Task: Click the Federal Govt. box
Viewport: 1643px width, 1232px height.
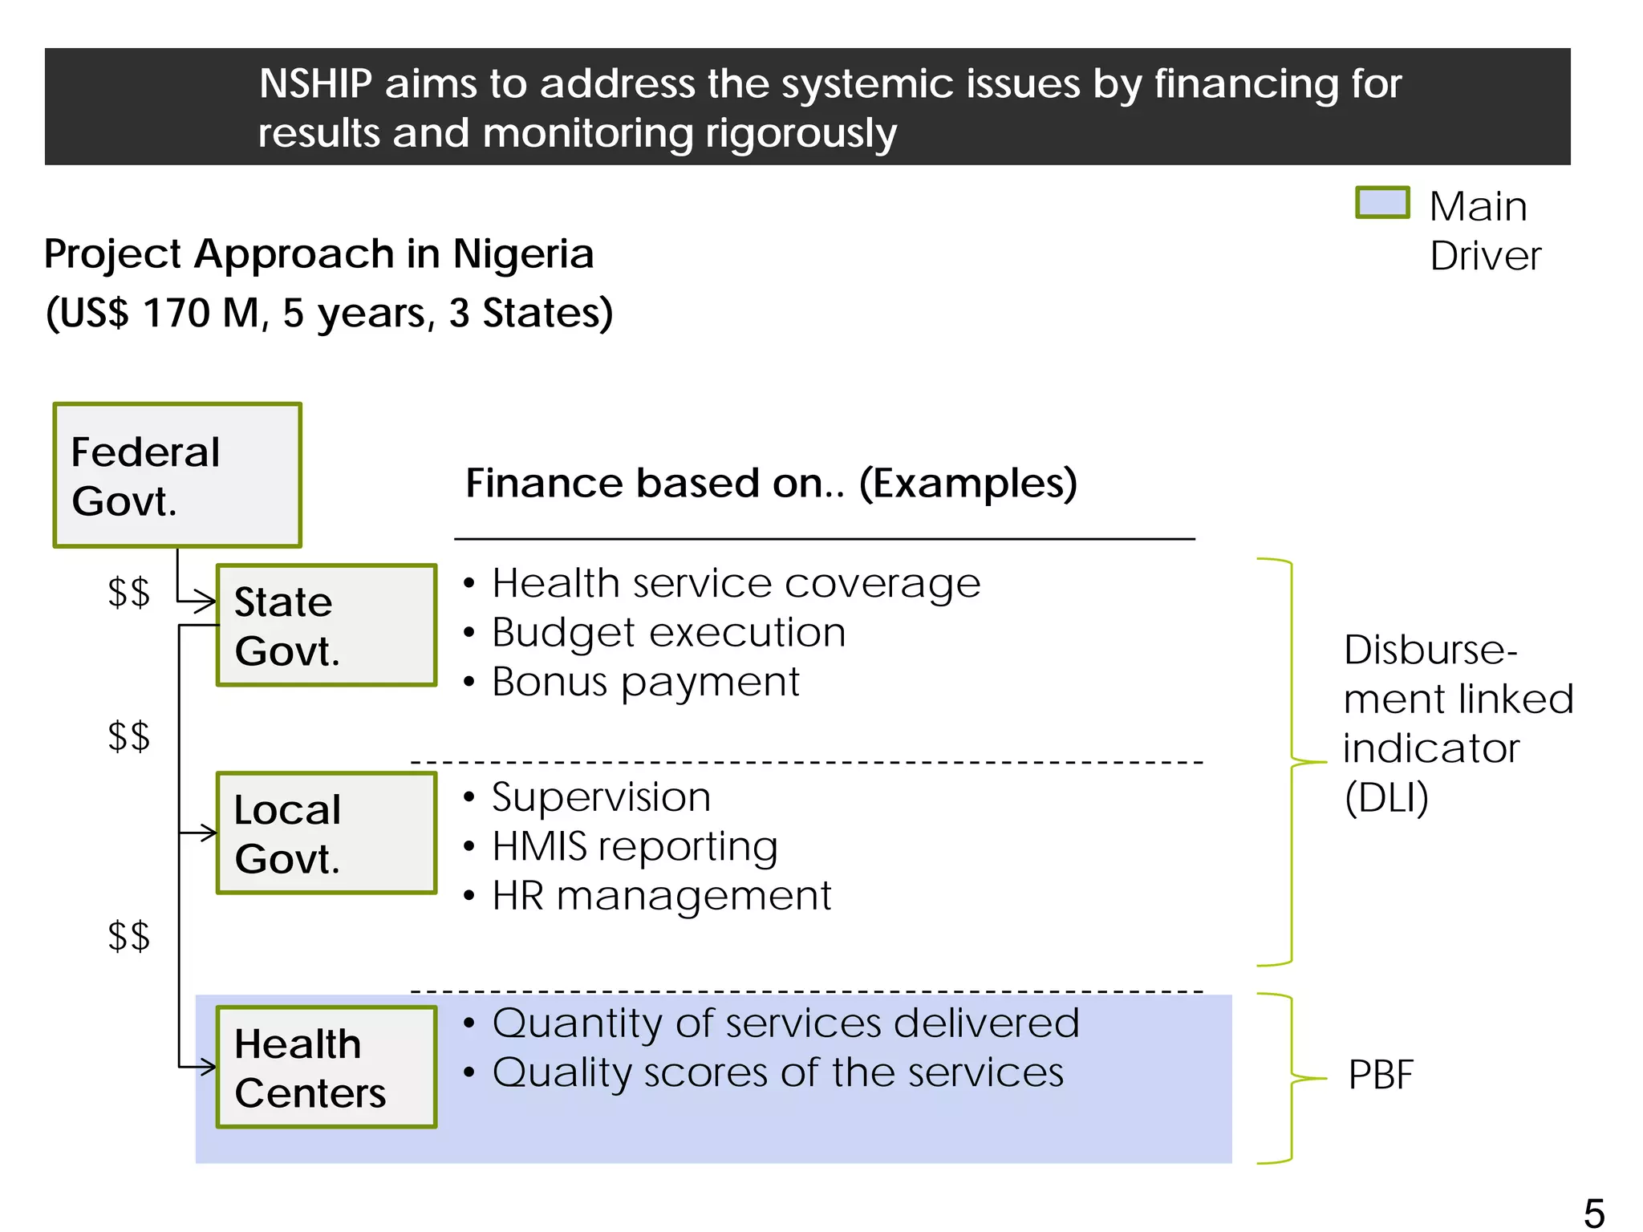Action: coord(177,475)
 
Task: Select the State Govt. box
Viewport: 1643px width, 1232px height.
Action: coord(327,625)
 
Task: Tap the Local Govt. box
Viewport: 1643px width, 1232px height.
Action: coord(327,833)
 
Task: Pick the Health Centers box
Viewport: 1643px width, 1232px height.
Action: coord(327,1067)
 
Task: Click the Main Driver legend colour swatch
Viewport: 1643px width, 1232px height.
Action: coord(1381,202)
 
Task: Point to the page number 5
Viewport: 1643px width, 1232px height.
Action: coord(1593,1212)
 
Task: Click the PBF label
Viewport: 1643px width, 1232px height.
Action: coord(1380,1075)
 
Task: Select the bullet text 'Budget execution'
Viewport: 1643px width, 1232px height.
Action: coord(668,633)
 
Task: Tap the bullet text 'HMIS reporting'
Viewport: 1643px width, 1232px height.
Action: coord(635,847)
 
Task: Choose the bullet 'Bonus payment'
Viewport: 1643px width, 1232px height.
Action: coord(646,682)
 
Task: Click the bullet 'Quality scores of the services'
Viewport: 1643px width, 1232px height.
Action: coord(777,1073)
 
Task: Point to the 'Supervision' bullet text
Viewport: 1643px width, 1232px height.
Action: coord(601,797)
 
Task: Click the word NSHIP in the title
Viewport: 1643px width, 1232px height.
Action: coord(315,84)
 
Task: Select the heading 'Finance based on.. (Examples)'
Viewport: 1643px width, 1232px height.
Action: coord(771,483)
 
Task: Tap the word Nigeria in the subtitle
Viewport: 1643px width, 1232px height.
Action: coord(523,254)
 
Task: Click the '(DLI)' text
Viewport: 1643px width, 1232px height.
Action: coord(1386,798)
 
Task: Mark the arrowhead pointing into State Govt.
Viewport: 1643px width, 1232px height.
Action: coord(208,600)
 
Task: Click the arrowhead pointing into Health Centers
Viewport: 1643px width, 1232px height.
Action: coord(208,1067)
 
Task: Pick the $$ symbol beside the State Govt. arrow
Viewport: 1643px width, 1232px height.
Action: coord(128,593)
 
